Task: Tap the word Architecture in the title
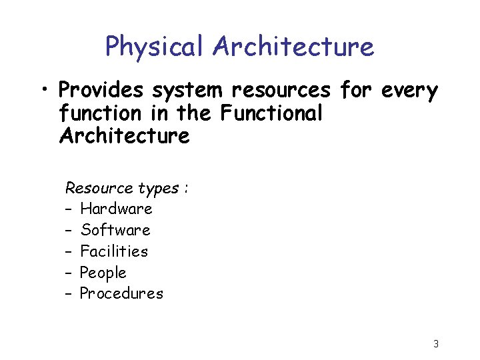click(x=293, y=47)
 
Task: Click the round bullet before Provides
click(x=45, y=89)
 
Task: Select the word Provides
click(x=101, y=90)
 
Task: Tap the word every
click(x=409, y=91)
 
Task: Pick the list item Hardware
click(x=116, y=209)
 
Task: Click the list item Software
click(x=115, y=230)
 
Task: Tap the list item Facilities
click(x=113, y=251)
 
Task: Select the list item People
click(x=103, y=273)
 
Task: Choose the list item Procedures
click(x=121, y=293)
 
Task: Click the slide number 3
click(x=435, y=344)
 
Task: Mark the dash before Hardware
click(x=69, y=209)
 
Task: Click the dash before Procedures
click(x=69, y=294)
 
